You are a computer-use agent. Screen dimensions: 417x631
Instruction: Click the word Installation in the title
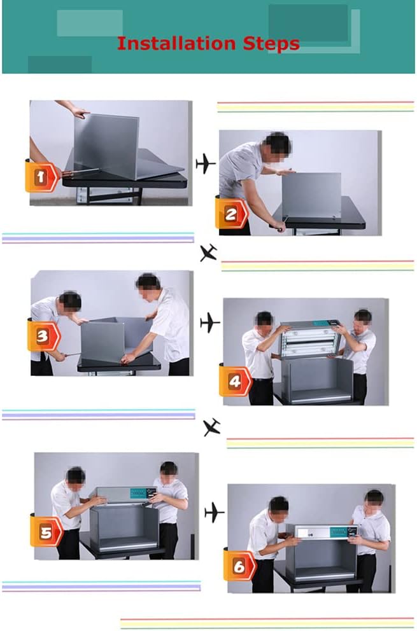pos(176,43)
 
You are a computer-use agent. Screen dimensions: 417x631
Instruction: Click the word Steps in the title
pos(271,44)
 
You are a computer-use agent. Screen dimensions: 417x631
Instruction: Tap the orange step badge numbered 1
pos(42,176)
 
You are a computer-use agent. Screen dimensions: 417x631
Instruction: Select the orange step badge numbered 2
pos(232,213)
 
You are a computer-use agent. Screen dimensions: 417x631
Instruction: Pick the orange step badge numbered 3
pos(44,335)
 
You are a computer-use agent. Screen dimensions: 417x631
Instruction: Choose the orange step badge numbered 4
pos(236,380)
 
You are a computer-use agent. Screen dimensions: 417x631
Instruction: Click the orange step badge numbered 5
pos(46,530)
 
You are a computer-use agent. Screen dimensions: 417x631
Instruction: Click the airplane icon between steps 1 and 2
pos(206,163)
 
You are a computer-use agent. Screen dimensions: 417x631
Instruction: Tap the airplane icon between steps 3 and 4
pos(210,322)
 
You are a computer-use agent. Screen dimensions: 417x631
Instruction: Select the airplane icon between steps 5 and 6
pos(215,513)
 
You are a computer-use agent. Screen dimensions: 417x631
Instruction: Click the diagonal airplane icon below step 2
pos(209,253)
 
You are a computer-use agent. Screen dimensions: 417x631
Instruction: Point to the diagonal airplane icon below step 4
pos(212,427)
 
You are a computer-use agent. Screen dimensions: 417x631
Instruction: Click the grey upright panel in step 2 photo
pos(311,195)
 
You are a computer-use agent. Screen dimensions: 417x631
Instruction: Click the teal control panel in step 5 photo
pos(138,494)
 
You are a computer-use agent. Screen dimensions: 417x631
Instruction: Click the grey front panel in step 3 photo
pos(102,342)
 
